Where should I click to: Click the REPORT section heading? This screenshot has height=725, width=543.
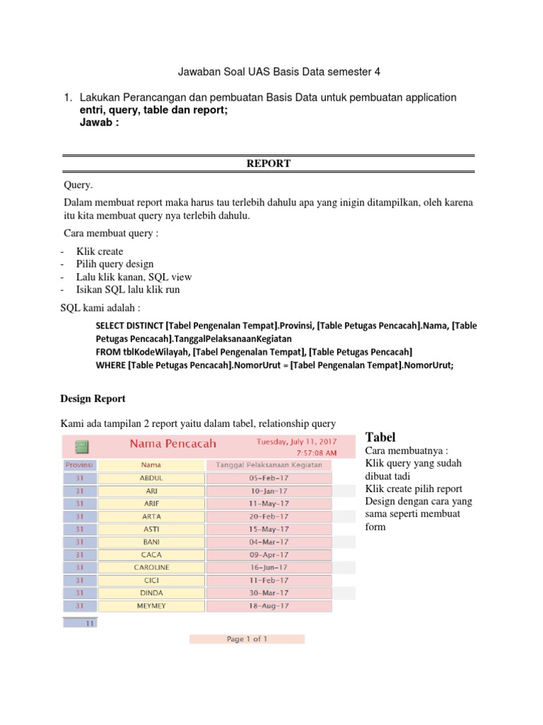tap(268, 164)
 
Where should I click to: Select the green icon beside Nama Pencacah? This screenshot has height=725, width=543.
tap(81, 446)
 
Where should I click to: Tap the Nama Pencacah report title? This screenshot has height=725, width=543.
tap(173, 444)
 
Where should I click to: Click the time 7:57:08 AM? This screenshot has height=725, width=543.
tap(316, 452)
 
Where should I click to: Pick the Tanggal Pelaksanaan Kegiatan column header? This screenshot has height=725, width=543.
tap(269, 465)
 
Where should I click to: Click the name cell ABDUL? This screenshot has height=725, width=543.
tap(151, 478)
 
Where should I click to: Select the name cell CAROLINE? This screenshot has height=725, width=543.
tap(151, 568)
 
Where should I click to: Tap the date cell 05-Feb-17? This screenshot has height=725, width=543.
tap(269, 478)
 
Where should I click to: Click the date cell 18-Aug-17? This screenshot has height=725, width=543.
tap(269, 606)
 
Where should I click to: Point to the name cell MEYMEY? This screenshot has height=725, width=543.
tap(151, 606)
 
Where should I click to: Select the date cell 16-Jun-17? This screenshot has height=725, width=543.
tap(269, 568)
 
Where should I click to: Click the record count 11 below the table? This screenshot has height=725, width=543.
tap(89, 624)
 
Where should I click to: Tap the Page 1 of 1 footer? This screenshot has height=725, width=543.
tap(247, 639)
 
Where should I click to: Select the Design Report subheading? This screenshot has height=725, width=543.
tap(94, 399)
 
